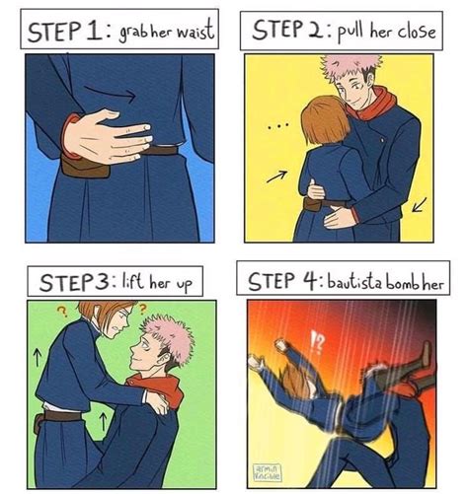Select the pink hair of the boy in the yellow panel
point(354,69)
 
